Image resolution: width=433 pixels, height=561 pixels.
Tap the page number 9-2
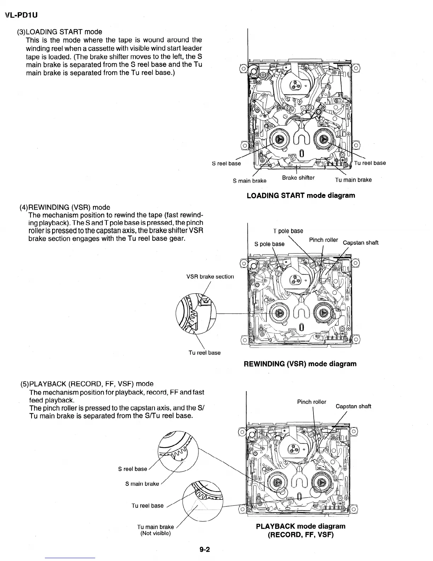(204, 549)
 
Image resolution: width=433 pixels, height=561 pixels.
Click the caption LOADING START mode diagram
(301, 195)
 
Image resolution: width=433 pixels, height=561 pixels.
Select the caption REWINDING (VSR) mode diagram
(300, 364)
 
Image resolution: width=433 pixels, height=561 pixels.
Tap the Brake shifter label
(298, 178)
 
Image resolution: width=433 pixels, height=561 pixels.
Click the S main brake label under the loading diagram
(249, 181)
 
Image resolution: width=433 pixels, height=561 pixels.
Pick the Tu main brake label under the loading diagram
(353, 180)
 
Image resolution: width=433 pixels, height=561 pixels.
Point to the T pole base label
(288, 231)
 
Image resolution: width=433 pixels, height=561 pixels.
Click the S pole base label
(269, 244)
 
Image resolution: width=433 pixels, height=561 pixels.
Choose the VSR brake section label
(210, 277)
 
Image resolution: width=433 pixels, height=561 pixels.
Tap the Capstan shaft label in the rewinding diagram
(360, 243)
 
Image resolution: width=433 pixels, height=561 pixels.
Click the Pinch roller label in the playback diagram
(311, 402)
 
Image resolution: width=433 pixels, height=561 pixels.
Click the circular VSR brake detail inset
(196, 313)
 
